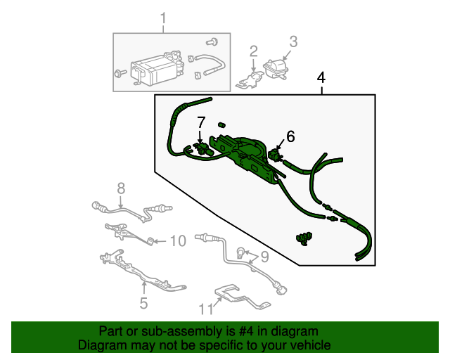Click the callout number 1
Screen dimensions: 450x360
tap(163, 18)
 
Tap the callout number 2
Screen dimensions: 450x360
tap(254, 51)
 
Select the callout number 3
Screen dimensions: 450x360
tap(293, 41)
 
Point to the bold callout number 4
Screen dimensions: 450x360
tap(321, 78)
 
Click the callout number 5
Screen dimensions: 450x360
tap(143, 303)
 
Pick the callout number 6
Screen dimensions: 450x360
tap(290, 136)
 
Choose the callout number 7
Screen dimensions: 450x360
tap(201, 122)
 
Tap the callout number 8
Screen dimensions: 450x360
tap(121, 188)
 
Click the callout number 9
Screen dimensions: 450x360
tap(264, 257)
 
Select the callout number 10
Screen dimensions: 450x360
tap(178, 240)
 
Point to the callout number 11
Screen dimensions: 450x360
tap(206, 309)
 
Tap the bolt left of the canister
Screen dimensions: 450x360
tap(120, 73)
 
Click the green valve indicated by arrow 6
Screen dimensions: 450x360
tap(275, 155)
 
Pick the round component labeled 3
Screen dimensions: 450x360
tap(275, 69)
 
